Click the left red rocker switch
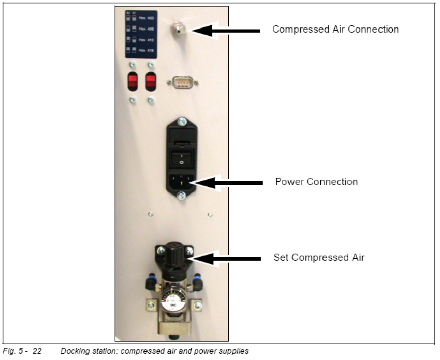click(x=133, y=81)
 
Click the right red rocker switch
click(x=151, y=81)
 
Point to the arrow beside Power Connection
click(x=224, y=182)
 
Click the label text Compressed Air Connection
click(x=335, y=30)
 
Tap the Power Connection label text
click(x=316, y=182)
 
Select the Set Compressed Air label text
click(x=319, y=258)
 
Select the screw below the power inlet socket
click(x=181, y=195)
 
